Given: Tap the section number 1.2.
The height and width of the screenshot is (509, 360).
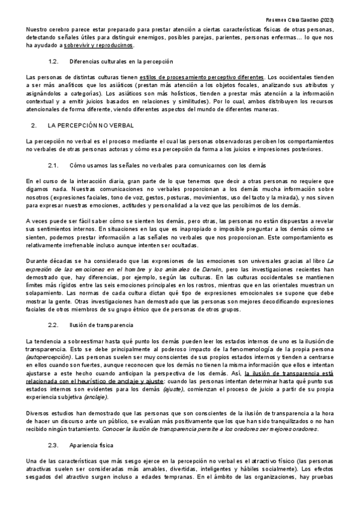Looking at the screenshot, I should click(53, 61).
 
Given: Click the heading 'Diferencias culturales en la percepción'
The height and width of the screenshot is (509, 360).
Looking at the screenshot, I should click(122, 61).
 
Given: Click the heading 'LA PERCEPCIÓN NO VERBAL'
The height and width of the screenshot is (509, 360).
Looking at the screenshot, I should click(86, 125).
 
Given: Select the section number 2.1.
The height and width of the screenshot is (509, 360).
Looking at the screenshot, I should click(53, 164).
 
